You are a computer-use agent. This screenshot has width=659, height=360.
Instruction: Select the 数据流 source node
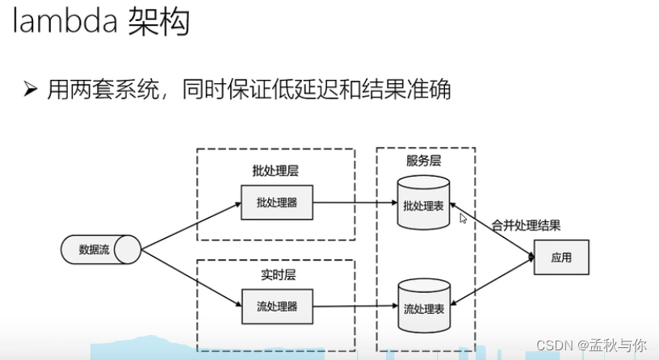pos(90,249)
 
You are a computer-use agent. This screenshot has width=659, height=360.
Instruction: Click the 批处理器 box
pos(277,203)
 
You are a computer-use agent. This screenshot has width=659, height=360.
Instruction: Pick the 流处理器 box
pos(277,307)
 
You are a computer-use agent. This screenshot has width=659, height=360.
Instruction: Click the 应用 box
pos(561,257)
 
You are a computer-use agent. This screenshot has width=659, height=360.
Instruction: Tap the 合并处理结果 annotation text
pos(526,225)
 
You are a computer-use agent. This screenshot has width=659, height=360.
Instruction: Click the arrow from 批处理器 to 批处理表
pos(355,203)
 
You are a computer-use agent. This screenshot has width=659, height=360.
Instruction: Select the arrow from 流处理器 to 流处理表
pos(355,307)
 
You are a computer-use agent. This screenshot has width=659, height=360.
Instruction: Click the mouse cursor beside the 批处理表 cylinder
pos(464,218)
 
